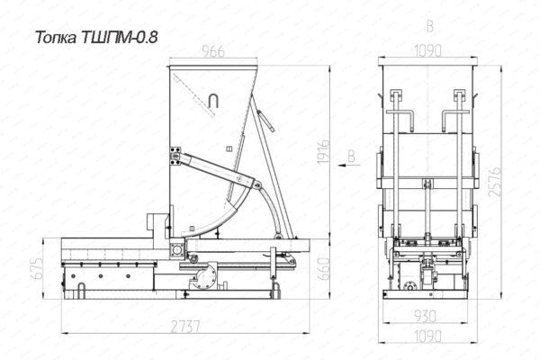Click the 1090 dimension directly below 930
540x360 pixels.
click(427, 336)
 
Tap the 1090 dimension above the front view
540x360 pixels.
click(427, 51)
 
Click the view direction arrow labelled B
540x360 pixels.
click(347, 165)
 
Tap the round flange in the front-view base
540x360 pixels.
click(411, 287)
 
